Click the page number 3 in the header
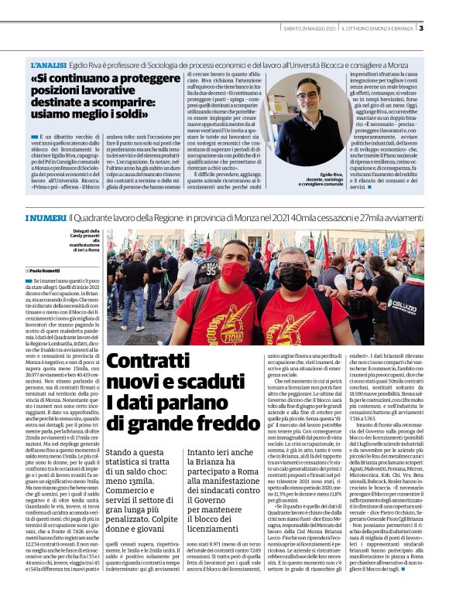[x=421, y=29]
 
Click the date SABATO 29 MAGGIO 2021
[x=309, y=29]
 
